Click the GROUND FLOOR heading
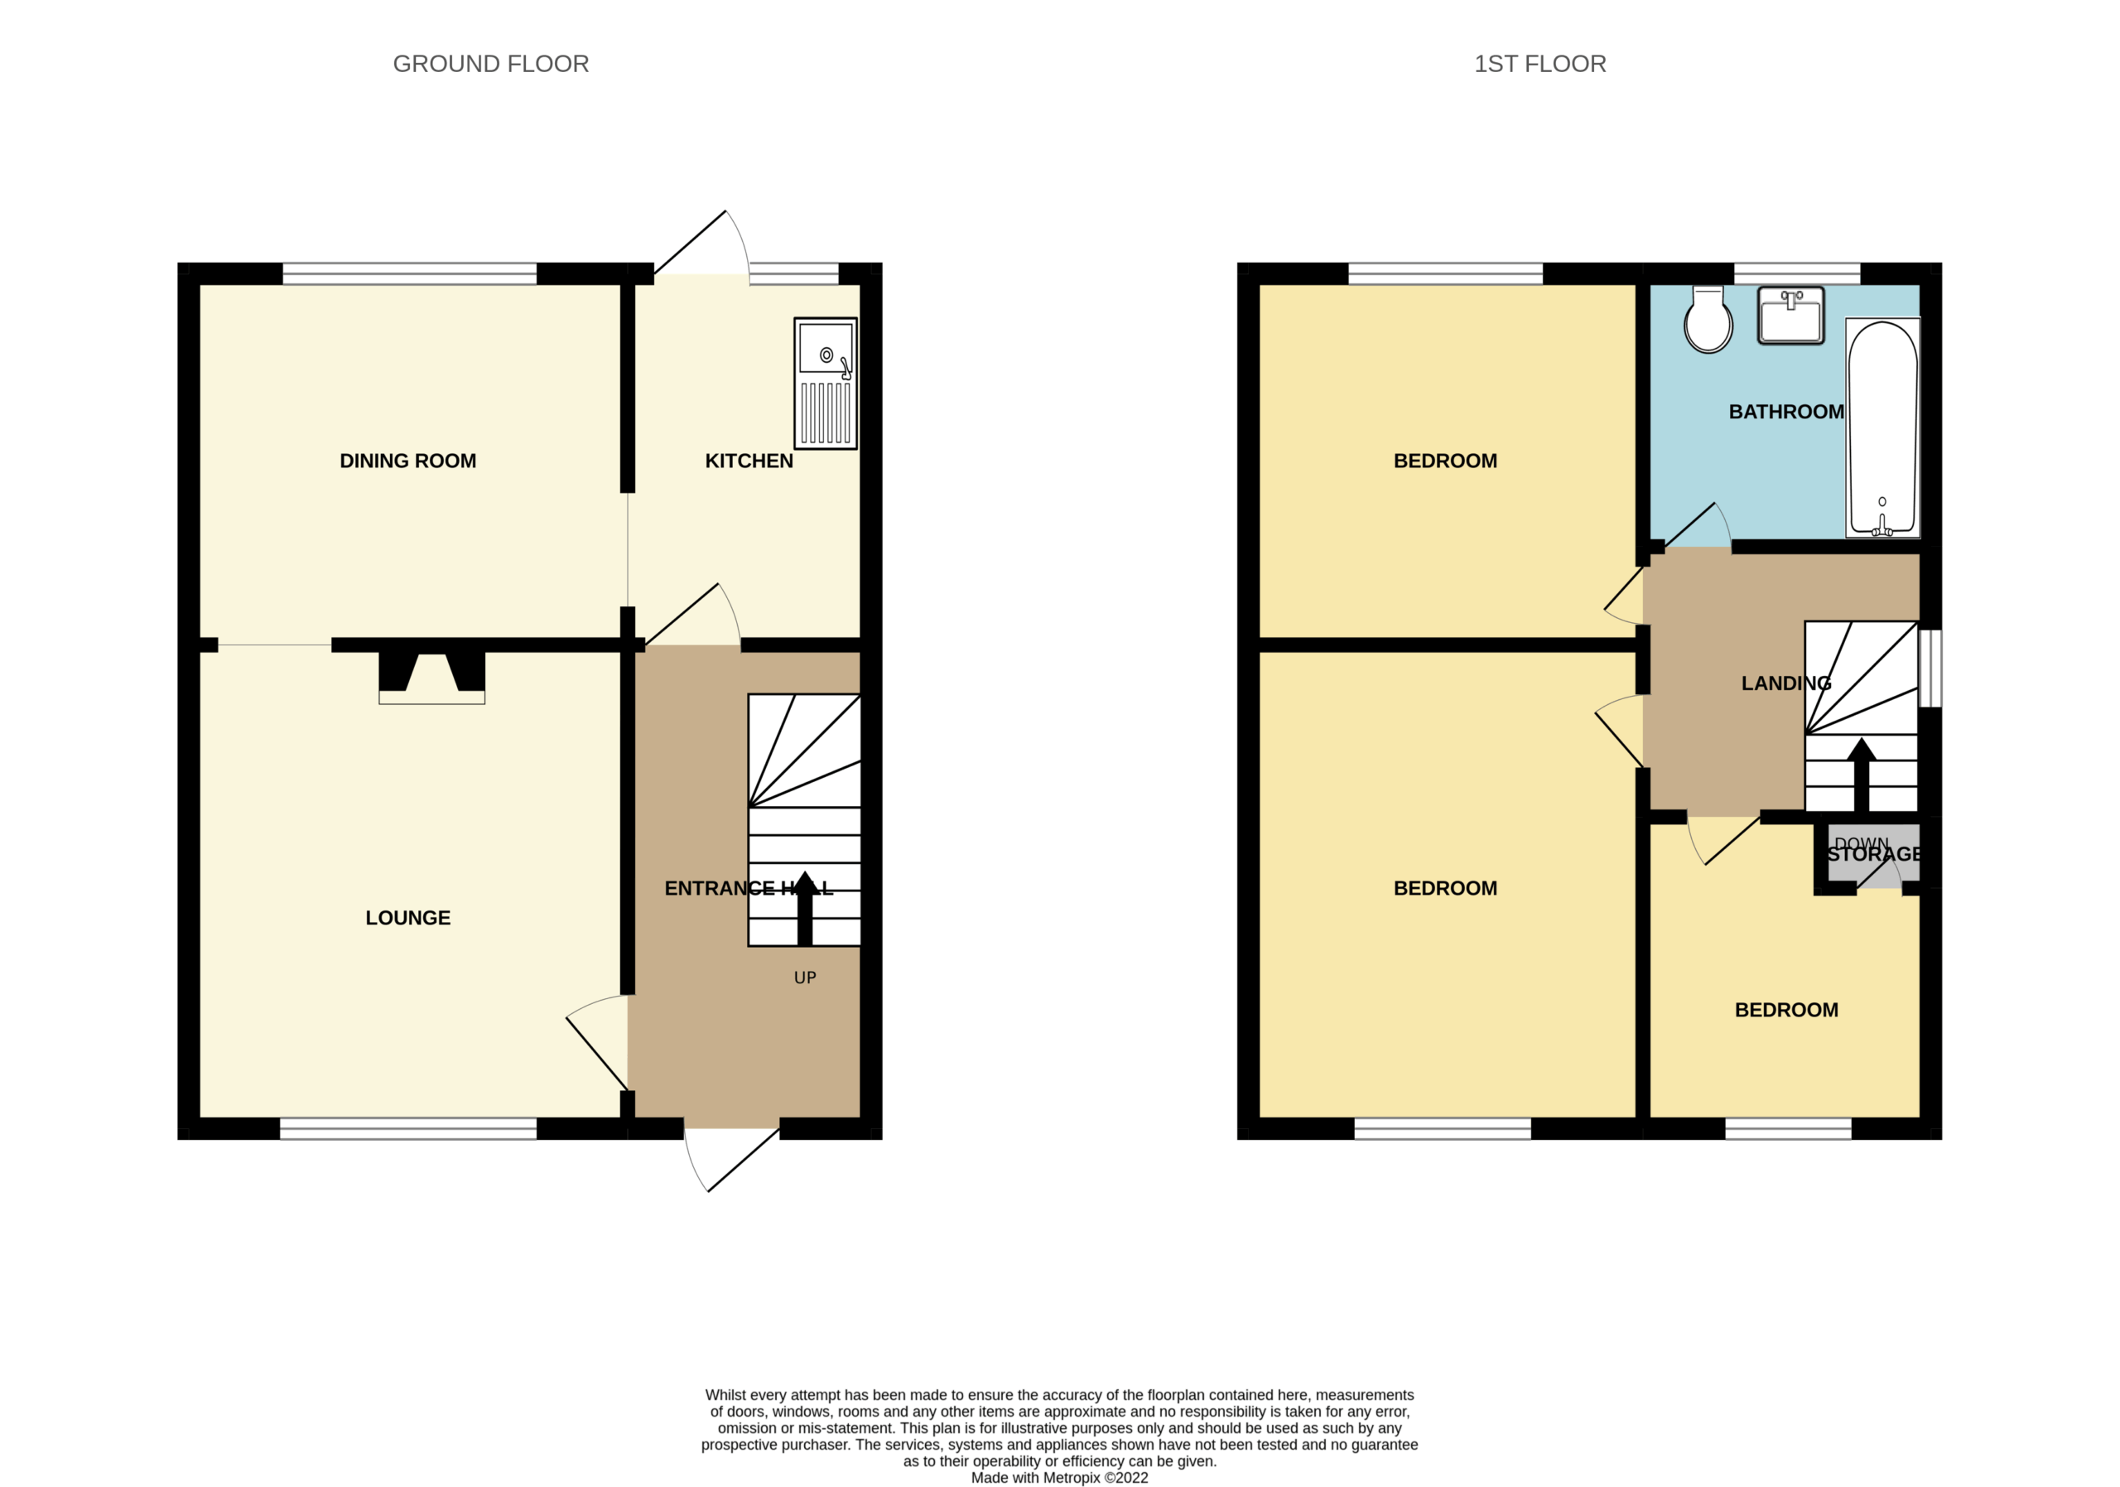(490, 64)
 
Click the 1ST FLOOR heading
(1539, 64)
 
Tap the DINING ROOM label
(408, 461)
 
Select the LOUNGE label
(408, 917)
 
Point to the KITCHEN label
(749, 461)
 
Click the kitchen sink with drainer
(826, 384)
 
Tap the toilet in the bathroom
(1708, 320)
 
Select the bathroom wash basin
(1790, 315)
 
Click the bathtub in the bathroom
(1882, 427)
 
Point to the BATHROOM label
(1785, 412)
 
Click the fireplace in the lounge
(431, 678)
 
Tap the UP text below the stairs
(805, 978)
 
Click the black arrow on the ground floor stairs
(805, 908)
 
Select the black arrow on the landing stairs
(1862, 775)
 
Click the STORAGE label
(1874, 854)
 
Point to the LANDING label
(1785, 683)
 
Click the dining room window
(409, 274)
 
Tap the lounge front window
(408, 1127)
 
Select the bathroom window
(1797, 274)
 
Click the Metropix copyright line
(1059, 1478)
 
